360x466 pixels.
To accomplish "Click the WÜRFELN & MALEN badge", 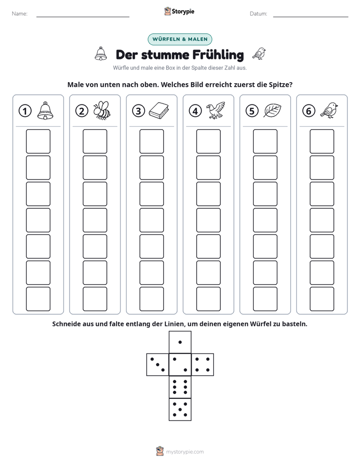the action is (x=179, y=39).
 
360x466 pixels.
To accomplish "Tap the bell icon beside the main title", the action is (x=101, y=54).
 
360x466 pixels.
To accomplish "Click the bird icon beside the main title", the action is (x=259, y=53).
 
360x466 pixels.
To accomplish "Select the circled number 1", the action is (x=25, y=111).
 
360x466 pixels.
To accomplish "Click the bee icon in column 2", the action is (x=102, y=110).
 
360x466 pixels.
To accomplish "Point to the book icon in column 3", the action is (x=159, y=111).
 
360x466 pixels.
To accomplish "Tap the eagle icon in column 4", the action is (x=216, y=110).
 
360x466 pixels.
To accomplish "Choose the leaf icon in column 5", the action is (x=272, y=110).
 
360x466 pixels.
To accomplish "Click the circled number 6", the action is (x=309, y=111).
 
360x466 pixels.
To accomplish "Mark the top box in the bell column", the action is (x=38, y=141).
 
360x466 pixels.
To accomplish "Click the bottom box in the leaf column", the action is (x=265, y=299).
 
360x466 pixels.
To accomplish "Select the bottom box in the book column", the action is (x=151, y=299).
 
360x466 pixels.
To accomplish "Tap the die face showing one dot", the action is (x=180, y=342).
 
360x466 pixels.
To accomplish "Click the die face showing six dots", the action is (x=180, y=387).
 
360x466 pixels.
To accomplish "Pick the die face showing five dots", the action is (x=180, y=410).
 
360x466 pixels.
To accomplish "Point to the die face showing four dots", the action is (x=203, y=365).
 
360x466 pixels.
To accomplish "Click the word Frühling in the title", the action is (x=218, y=54).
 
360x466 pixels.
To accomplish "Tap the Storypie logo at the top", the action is (x=179, y=11).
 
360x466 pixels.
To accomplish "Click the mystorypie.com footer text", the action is (x=185, y=452).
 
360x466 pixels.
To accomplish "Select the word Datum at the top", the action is (x=259, y=14).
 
